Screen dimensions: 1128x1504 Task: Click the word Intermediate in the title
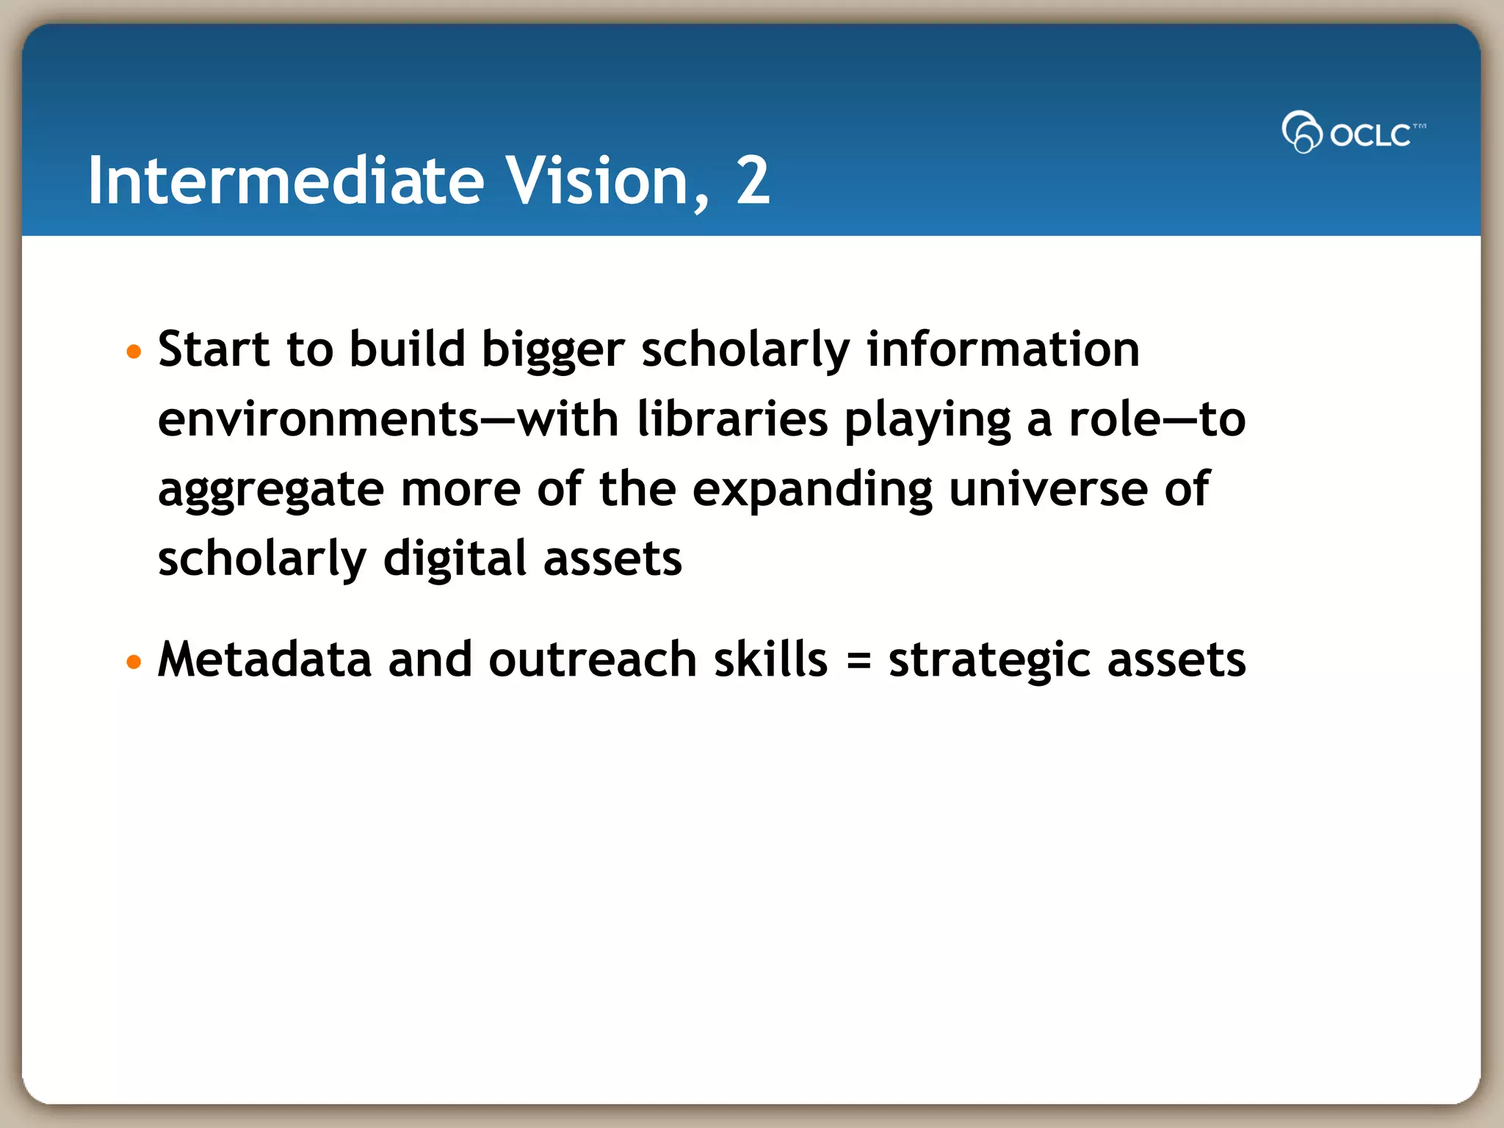click(x=286, y=181)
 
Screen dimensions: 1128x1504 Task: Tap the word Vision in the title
click(x=596, y=181)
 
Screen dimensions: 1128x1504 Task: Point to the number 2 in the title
click(x=752, y=181)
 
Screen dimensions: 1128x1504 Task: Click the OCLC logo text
click(x=1370, y=135)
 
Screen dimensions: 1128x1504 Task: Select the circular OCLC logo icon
click(x=1301, y=132)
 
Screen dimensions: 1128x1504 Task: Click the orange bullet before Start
click(x=133, y=352)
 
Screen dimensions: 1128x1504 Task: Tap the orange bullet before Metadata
click(x=133, y=662)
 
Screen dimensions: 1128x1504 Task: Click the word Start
click(x=213, y=349)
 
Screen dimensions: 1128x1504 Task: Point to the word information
click(x=1002, y=349)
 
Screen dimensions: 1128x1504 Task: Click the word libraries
click(x=732, y=419)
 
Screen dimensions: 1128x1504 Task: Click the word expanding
click(x=812, y=490)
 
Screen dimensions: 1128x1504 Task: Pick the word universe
click(x=1048, y=489)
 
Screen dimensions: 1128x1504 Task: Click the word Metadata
click(x=264, y=659)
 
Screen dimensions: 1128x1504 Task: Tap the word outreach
click(x=592, y=659)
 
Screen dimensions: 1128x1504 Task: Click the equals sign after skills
click(x=858, y=660)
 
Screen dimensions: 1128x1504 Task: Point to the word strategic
click(x=989, y=660)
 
